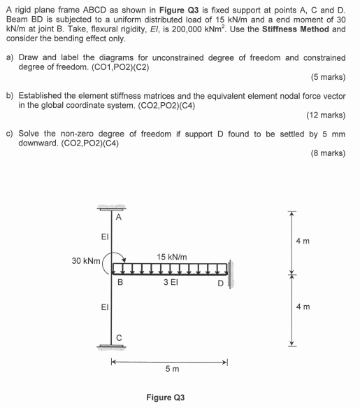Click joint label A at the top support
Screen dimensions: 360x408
(x=119, y=217)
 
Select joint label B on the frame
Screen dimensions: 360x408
(x=120, y=283)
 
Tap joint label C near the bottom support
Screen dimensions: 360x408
(x=120, y=337)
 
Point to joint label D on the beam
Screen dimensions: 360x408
(x=219, y=283)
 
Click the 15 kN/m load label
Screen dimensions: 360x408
(x=171, y=257)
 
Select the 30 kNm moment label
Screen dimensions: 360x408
(x=85, y=261)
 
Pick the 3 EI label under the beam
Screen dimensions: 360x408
(x=171, y=283)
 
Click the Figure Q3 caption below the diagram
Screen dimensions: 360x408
(x=165, y=398)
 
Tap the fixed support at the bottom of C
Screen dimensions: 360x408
(x=112, y=345)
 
